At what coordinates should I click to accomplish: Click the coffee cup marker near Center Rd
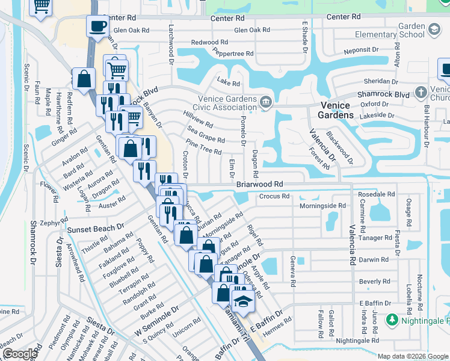(97, 26)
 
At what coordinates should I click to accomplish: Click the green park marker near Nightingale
(392, 319)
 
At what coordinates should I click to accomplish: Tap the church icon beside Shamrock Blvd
(420, 94)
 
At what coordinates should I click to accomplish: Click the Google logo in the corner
(19, 354)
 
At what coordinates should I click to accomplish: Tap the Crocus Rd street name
(274, 196)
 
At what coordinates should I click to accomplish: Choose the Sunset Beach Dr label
(95, 229)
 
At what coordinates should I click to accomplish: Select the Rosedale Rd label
(376, 195)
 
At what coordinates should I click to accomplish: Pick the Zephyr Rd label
(54, 222)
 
